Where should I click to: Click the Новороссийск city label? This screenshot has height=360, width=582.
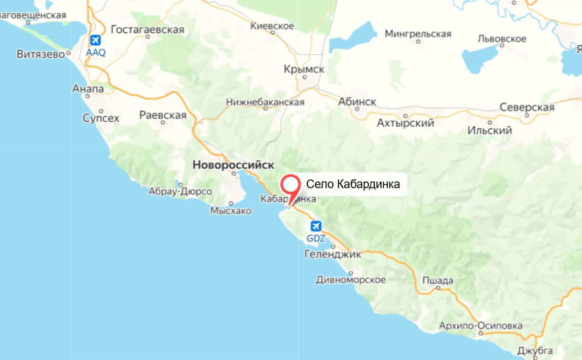233,165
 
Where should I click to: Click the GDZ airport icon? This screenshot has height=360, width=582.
316,226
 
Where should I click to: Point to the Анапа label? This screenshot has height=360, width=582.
88,89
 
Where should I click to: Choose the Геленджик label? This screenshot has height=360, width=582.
333,254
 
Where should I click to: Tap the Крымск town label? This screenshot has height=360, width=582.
304,70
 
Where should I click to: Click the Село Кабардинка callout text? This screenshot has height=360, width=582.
353,184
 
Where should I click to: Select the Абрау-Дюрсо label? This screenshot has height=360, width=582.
180,191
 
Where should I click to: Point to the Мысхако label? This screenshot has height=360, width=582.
230,211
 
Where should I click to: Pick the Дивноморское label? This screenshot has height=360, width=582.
351,280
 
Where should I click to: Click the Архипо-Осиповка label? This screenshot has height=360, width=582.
481,326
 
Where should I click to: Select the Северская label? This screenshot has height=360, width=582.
527,108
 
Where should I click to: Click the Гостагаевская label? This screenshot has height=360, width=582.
147,30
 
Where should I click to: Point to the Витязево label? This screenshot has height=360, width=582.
41,54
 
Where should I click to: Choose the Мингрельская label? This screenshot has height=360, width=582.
418,34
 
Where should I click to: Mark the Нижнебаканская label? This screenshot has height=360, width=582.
265,103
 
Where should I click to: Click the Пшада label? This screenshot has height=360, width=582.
437,281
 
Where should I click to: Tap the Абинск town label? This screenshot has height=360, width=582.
357,102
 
